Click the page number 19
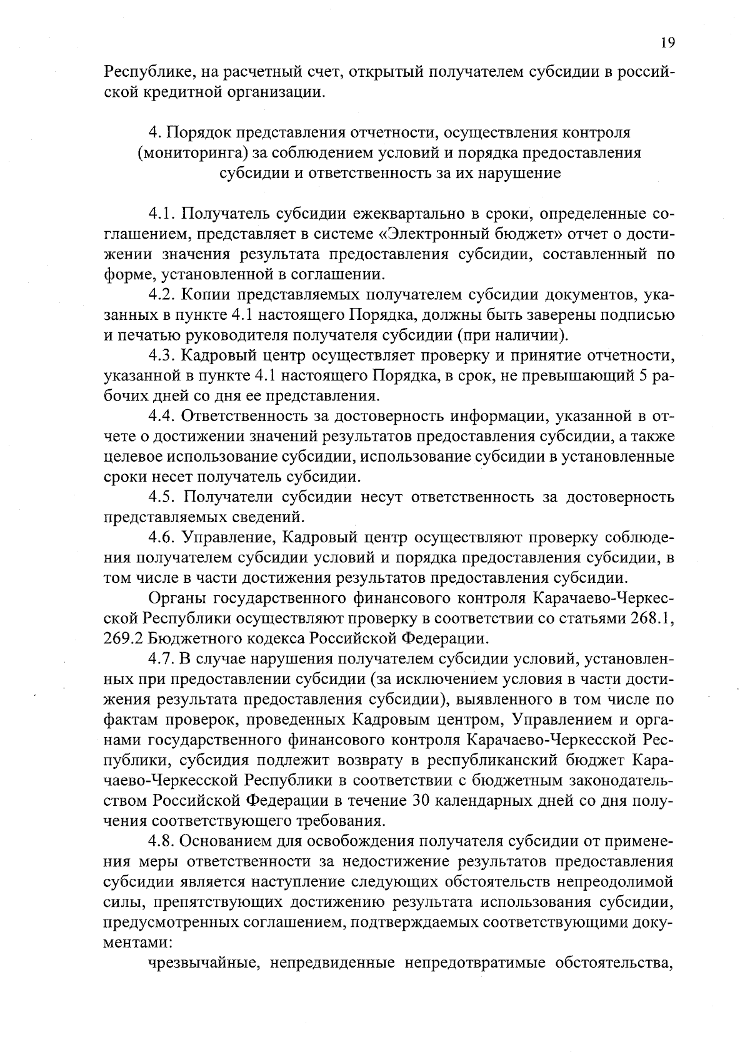[x=667, y=42]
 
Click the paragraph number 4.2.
[x=163, y=295]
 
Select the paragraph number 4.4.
[x=163, y=417]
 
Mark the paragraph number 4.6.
[x=163, y=538]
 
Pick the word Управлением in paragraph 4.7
[x=564, y=720]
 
